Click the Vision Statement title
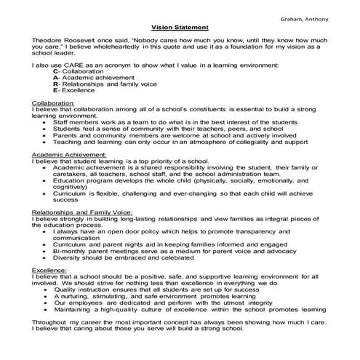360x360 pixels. [179, 23]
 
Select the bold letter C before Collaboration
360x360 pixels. [57, 71]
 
